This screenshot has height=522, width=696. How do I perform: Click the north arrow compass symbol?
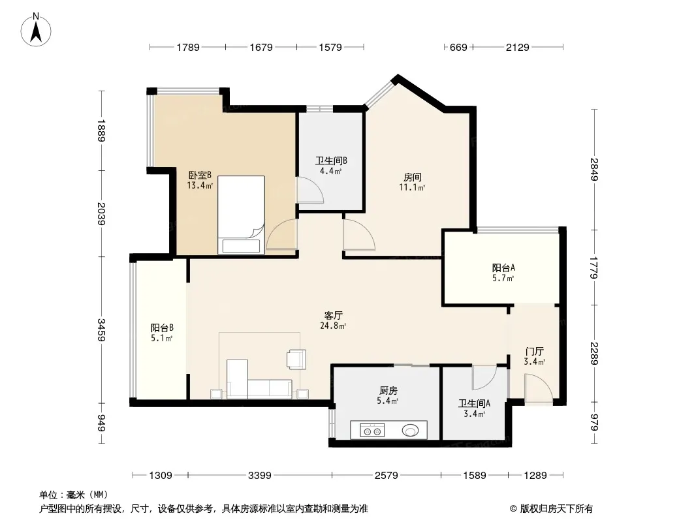point(36,30)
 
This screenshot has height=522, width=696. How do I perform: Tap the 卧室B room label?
point(200,175)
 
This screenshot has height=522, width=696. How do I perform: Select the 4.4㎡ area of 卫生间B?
point(330,171)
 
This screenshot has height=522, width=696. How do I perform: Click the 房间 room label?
point(413,177)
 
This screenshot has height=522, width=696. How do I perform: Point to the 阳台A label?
point(503,268)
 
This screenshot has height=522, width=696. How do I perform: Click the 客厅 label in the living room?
point(333,315)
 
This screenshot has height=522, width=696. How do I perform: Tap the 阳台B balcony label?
point(161,328)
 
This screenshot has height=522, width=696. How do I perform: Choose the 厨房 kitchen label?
point(388,390)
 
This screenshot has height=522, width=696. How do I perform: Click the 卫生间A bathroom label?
point(474,403)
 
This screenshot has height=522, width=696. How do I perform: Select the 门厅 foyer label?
point(534,351)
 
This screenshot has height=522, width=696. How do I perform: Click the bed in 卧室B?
point(241,215)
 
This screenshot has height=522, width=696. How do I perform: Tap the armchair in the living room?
point(296,360)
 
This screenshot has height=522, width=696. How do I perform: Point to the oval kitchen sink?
point(410,430)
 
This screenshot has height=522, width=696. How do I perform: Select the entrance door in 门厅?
point(539,389)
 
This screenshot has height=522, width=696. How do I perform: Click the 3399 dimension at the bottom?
point(260,476)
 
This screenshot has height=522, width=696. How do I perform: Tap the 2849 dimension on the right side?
point(594,170)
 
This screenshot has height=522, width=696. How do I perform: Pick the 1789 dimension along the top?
point(188,47)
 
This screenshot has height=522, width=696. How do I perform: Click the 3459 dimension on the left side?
point(102,330)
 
